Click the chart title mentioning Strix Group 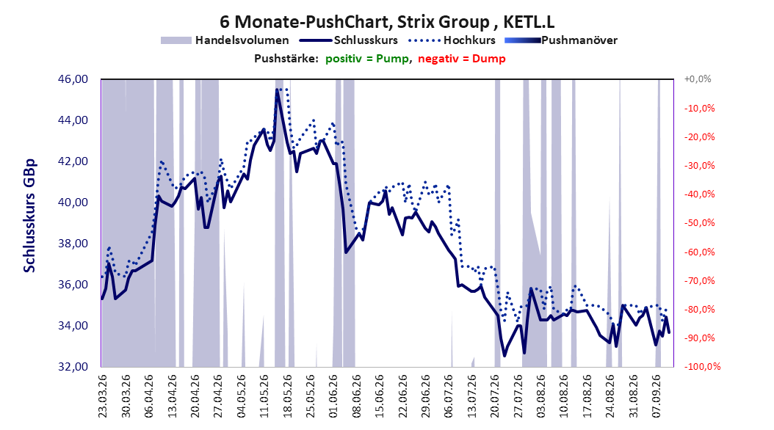(387, 22)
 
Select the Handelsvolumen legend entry (225, 40)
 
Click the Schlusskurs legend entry (349, 40)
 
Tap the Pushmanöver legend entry (561, 40)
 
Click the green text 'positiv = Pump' (367, 59)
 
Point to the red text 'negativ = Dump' (462, 59)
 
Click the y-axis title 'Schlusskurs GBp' (29, 216)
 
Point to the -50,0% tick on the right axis (699, 223)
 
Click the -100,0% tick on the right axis (702, 366)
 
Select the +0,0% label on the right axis (698, 79)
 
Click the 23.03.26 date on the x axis (103, 396)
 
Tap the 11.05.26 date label (264, 396)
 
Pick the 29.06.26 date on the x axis (425, 396)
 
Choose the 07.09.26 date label (656, 396)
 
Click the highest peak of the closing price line (278, 90)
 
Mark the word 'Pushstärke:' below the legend (286, 59)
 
